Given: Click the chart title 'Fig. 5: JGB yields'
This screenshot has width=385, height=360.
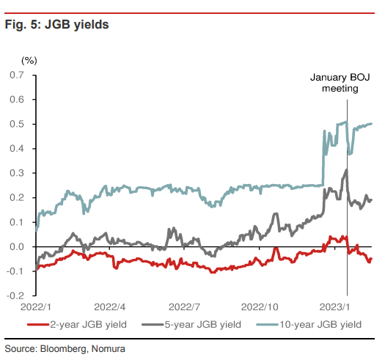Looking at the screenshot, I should coord(56,25).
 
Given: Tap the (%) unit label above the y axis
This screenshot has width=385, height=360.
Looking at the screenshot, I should coord(29,59).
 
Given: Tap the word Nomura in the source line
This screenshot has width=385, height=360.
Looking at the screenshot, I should coord(107,347).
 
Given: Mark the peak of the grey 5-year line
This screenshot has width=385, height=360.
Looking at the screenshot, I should coord(346,170).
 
